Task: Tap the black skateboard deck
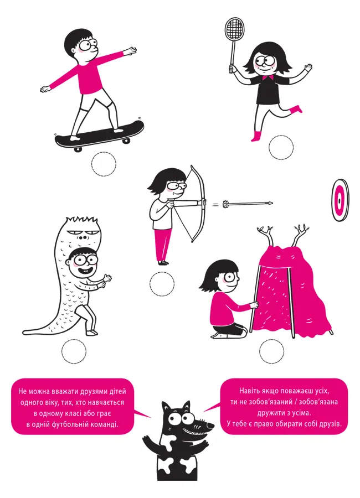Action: pyautogui.click(x=99, y=134)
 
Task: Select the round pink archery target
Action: pyautogui.click(x=340, y=200)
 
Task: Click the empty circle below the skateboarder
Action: pyautogui.click(x=104, y=164)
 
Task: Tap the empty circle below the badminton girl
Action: pyautogui.click(x=281, y=147)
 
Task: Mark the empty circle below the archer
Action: pyautogui.click(x=162, y=284)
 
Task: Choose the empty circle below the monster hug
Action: pyautogui.click(x=74, y=351)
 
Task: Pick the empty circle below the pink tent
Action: pyautogui.click(x=271, y=351)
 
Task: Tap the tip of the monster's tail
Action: pyautogui.click(x=24, y=333)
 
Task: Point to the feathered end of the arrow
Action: pyautogui.click(x=225, y=203)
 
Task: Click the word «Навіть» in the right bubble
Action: pyautogui.click(x=250, y=391)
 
